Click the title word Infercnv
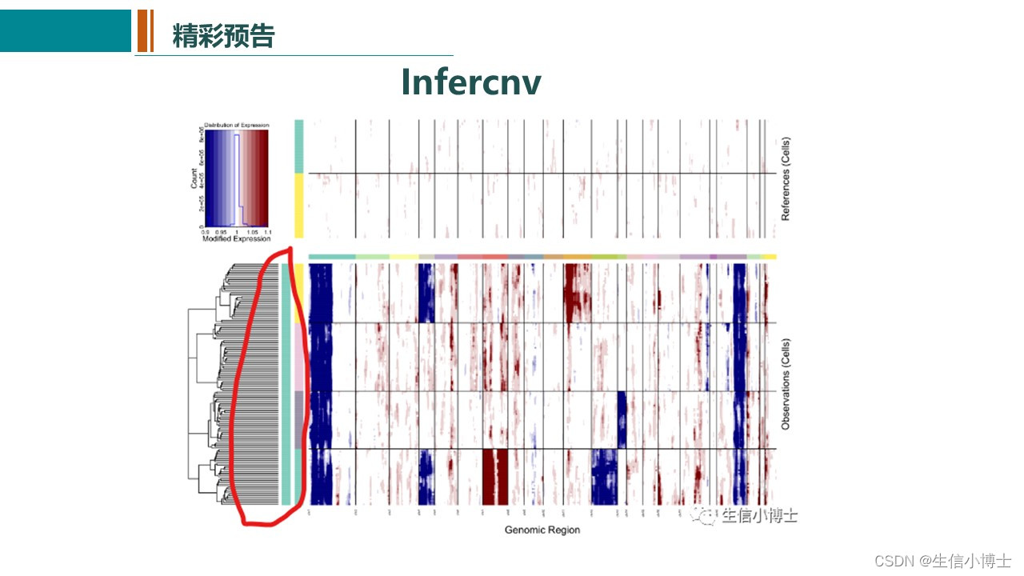click(x=470, y=82)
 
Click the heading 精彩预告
click(x=223, y=36)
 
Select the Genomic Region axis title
click(x=542, y=530)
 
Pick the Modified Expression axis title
click(x=236, y=238)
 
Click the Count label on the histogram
click(x=194, y=178)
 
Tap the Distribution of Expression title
click(x=236, y=126)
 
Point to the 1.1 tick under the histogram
click(x=267, y=231)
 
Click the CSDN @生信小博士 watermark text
click(x=942, y=561)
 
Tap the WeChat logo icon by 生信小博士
click(x=706, y=517)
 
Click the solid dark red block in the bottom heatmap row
click(x=495, y=476)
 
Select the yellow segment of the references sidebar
click(x=299, y=206)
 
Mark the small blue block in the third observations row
click(x=622, y=419)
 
